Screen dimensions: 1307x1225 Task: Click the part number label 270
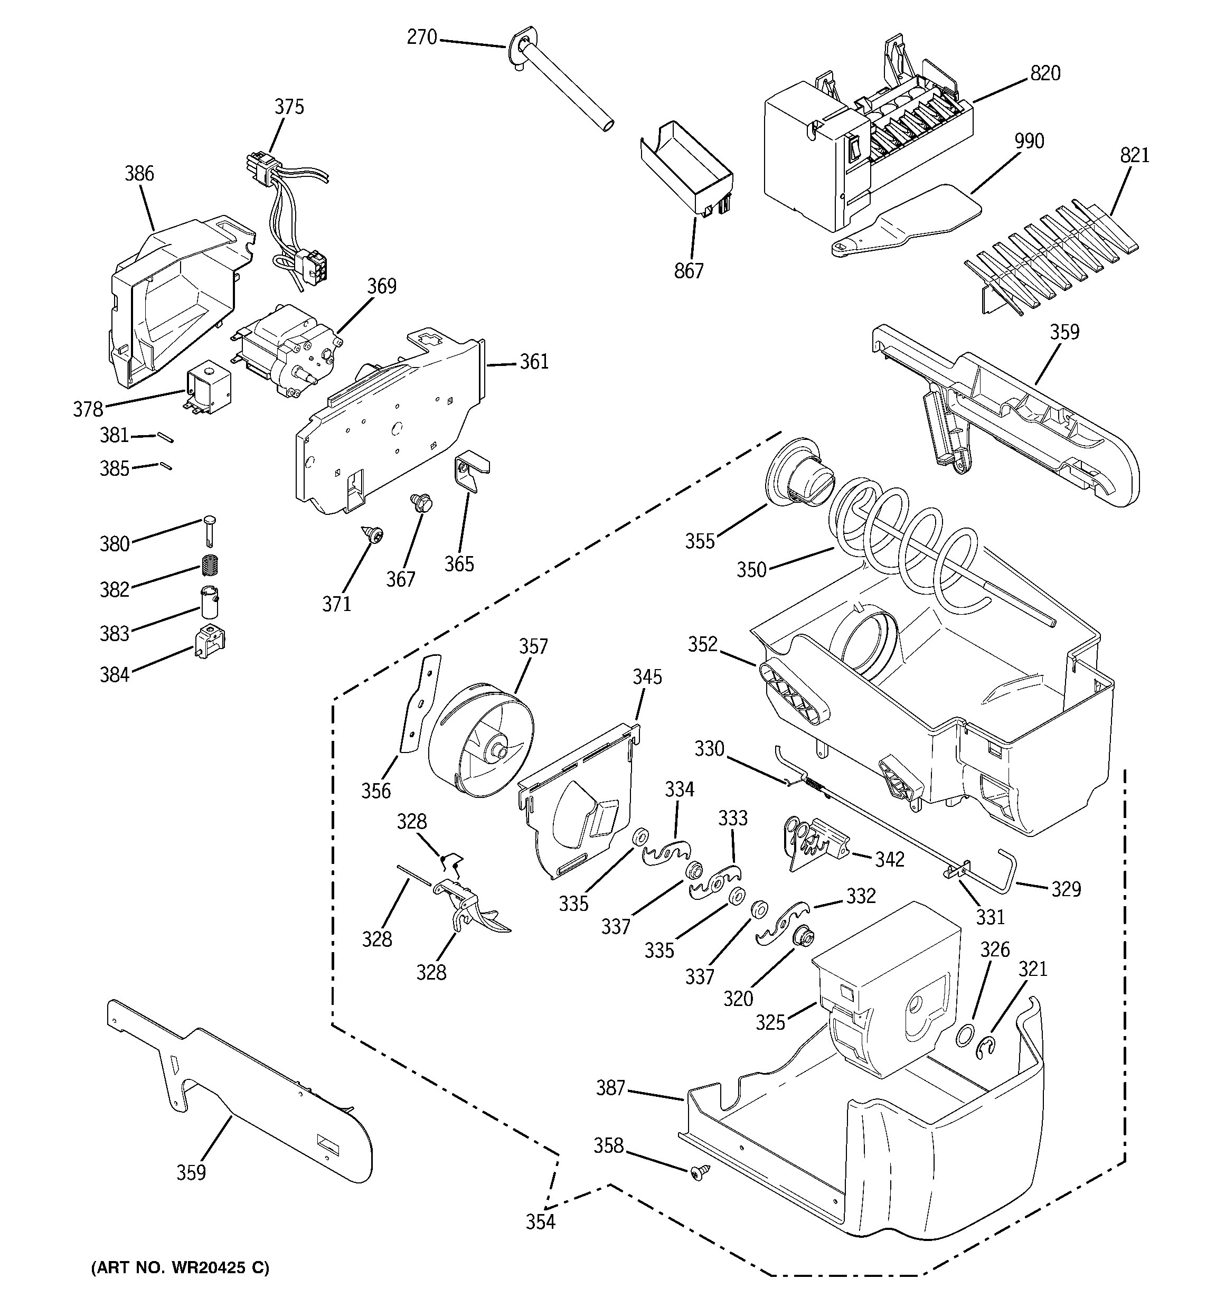(x=421, y=37)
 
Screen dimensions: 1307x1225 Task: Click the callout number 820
(x=1045, y=73)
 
